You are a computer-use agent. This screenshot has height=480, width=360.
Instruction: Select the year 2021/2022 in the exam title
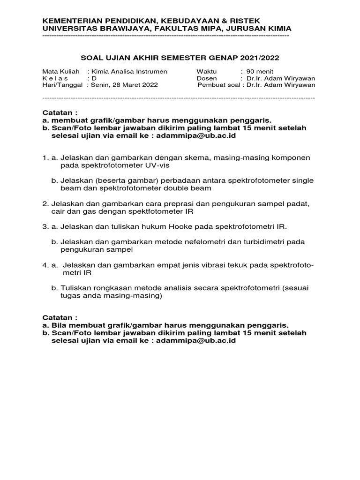pos(260,58)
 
